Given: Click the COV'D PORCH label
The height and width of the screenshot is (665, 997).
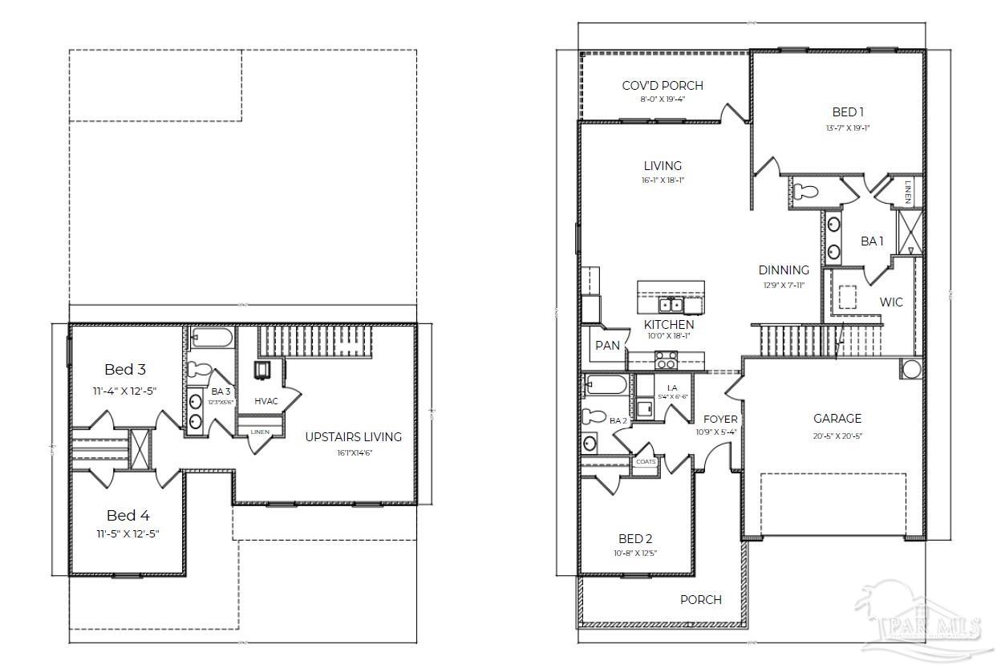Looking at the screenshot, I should click(x=663, y=85).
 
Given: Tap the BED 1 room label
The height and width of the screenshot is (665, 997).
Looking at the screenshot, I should click(x=848, y=112).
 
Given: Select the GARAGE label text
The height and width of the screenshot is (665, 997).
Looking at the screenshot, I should click(x=837, y=418).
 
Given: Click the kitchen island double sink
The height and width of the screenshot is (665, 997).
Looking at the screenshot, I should click(x=671, y=305).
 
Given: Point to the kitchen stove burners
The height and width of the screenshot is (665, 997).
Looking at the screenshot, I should click(x=666, y=360).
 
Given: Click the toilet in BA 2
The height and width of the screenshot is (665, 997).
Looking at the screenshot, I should click(x=594, y=416).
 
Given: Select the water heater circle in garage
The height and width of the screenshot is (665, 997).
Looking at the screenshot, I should click(x=912, y=369).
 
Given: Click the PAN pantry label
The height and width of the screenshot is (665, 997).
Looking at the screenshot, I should click(x=607, y=345).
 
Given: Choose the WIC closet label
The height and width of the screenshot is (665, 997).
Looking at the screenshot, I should click(x=891, y=302).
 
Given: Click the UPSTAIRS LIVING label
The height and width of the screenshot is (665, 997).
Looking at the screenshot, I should click(x=353, y=436).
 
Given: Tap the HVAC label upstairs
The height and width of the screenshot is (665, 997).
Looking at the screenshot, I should click(x=265, y=400).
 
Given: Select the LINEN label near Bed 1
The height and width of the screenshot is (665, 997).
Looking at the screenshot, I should click(x=908, y=191).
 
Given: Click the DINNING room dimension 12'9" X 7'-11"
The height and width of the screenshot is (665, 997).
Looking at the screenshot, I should click(x=784, y=285).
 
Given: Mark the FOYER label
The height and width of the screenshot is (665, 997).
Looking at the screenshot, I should click(x=720, y=419).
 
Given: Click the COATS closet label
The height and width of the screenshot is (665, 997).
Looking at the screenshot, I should click(x=646, y=461).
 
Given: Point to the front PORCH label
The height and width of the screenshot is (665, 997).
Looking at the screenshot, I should click(x=700, y=599).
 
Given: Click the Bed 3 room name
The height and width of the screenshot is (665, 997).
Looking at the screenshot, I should click(x=125, y=370).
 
